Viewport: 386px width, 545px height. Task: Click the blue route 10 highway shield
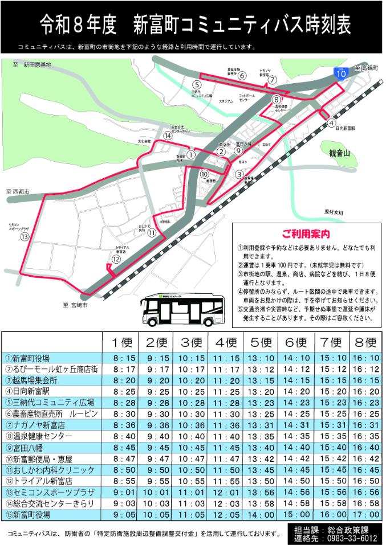[x=340, y=73]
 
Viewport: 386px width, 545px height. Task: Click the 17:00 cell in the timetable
[x=364, y=514]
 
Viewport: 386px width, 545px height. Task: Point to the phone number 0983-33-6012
[x=350, y=536]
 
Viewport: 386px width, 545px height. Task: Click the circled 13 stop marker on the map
[x=25, y=236]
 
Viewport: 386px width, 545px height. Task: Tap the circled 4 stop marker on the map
[x=331, y=122]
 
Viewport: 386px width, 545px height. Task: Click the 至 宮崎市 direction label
[x=76, y=305]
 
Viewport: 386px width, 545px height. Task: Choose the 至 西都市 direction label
[x=21, y=192]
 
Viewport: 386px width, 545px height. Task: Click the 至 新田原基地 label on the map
[x=32, y=65]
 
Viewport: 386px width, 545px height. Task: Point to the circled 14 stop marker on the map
[x=167, y=136]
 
